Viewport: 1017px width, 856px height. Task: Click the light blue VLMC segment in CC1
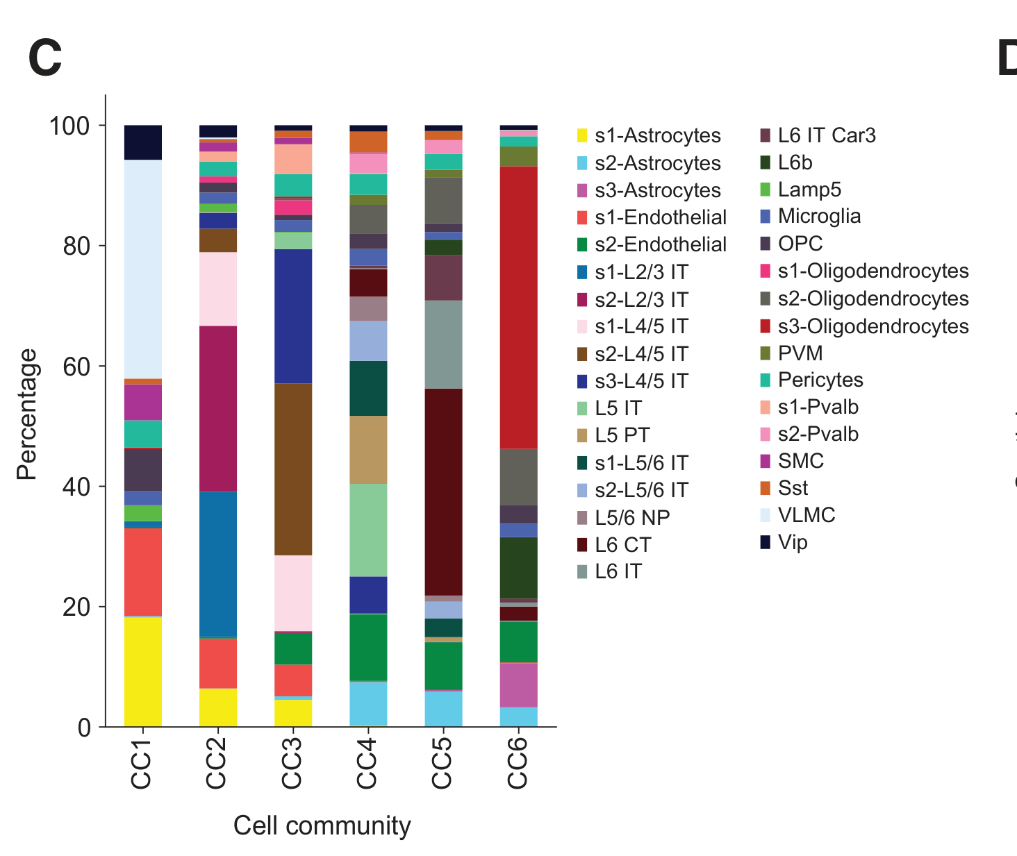pyautogui.click(x=143, y=269)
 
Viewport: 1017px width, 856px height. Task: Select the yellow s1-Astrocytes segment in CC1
pyautogui.click(x=143, y=671)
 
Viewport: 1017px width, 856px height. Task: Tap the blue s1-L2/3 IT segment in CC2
pyautogui.click(x=218, y=564)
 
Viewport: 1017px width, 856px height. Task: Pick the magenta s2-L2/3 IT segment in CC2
pyautogui.click(x=218, y=408)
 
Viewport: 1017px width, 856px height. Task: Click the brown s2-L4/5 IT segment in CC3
pyautogui.click(x=293, y=469)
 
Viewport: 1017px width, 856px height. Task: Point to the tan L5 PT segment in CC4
pyautogui.click(x=368, y=450)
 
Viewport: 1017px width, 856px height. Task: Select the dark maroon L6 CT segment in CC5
pyautogui.click(x=443, y=492)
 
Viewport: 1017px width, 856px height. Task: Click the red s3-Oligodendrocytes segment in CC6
pyautogui.click(x=518, y=307)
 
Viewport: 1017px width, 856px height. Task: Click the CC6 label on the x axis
pyautogui.click(x=518, y=763)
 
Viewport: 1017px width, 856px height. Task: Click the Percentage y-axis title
pyautogui.click(x=27, y=414)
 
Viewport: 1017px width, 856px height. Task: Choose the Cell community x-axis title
pyautogui.click(x=322, y=826)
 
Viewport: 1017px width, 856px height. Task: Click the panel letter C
pyautogui.click(x=45, y=59)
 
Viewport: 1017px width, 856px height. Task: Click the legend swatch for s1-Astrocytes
pyautogui.click(x=583, y=136)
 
